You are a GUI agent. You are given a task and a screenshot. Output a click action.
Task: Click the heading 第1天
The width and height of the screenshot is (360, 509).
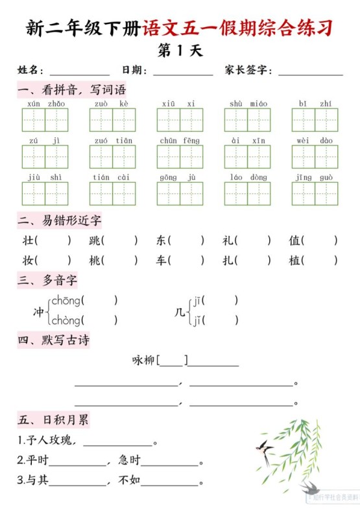point(180,51)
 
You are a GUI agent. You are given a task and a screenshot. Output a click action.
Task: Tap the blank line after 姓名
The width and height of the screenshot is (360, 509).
point(79,73)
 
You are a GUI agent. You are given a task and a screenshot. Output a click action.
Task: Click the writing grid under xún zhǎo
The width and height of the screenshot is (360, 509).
point(45,120)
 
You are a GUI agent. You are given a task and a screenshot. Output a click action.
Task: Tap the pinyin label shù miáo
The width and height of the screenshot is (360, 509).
point(248,103)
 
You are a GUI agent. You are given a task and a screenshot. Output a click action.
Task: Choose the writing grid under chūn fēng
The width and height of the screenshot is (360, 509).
point(180,156)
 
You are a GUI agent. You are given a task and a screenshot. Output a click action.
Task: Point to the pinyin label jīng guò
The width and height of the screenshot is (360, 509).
point(315,176)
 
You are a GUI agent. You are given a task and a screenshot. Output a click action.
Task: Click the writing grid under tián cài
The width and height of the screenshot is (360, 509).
point(112,193)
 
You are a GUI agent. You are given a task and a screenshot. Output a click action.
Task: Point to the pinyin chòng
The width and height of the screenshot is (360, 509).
point(67,320)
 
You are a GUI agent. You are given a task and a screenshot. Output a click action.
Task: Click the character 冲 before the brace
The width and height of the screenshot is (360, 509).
point(39,311)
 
